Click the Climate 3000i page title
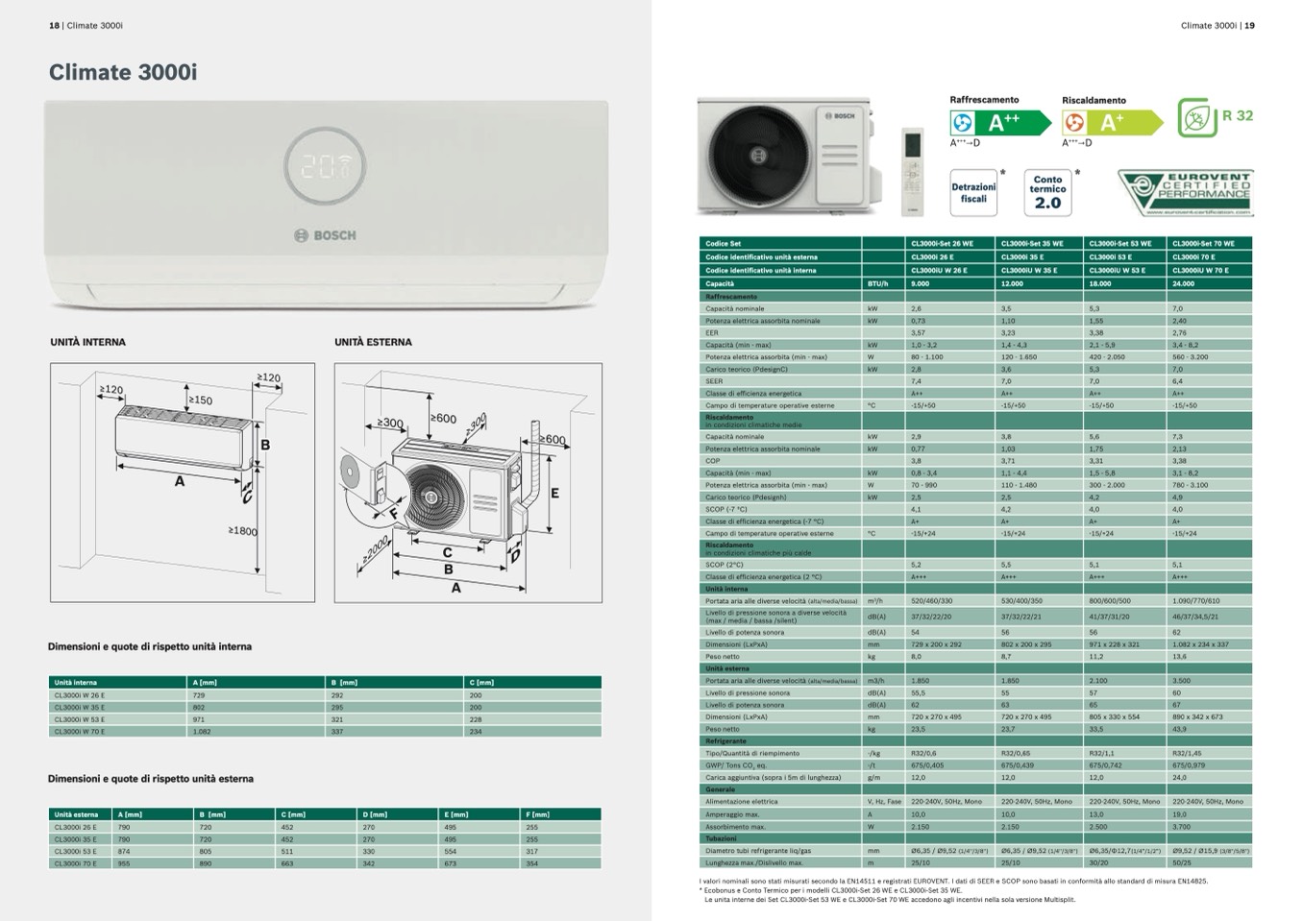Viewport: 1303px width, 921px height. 123,72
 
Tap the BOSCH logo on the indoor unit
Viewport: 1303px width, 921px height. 326,235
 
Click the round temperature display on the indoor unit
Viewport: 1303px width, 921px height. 326,166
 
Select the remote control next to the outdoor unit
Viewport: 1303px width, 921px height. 912,171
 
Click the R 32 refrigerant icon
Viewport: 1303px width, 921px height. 1216,117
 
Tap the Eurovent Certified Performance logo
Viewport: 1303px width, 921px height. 1186,192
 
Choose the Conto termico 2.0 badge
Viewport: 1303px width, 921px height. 1047,192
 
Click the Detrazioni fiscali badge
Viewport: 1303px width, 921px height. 973,192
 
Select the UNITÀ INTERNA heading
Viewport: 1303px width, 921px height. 87,342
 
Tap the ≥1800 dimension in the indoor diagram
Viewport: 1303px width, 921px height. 241,531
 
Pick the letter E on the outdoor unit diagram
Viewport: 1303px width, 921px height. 555,494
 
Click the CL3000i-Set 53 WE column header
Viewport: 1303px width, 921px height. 1120,244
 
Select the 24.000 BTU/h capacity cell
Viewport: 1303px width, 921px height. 1184,284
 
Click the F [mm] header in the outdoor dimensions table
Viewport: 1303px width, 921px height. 538,814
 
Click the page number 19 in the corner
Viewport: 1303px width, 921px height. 1249,26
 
